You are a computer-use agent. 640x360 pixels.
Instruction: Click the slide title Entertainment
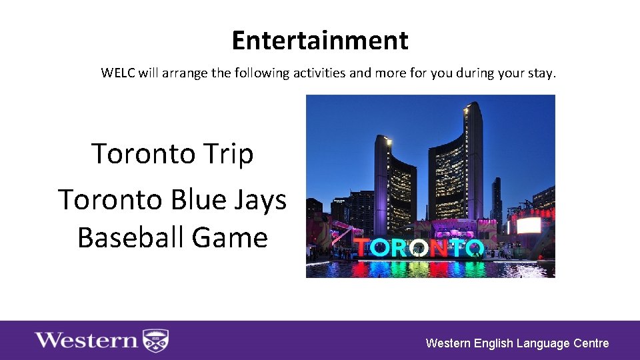tap(319, 41)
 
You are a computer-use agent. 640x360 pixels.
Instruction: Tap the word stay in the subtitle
tap(540, 73)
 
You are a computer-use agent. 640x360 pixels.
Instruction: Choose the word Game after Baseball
tap(235, 237)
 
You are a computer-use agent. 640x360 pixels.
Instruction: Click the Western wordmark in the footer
tap(86, 341)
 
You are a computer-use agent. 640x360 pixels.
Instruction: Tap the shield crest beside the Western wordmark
tap(156, 341)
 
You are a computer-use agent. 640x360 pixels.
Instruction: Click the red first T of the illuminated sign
tap(362, 248)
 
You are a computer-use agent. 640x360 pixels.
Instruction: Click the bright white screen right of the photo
tap(529, 225)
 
